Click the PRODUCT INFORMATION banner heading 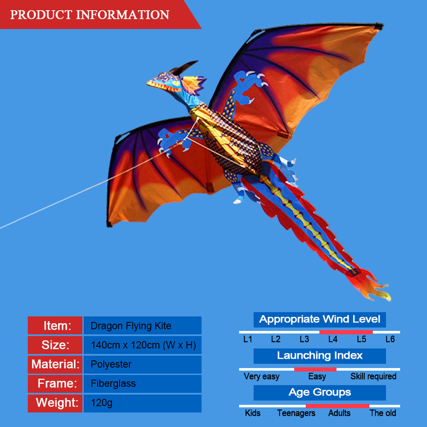pos(90,15)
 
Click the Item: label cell pos(56,326)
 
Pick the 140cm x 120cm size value pos(143,345)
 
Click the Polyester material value pos(111,364)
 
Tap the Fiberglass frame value pos(113,383)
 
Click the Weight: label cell pos(56,403)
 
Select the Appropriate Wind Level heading pos(319,319)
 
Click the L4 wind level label pos(333,339)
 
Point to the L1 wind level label pos(248,339)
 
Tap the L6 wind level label pos(390,339)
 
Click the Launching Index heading pos(319,356)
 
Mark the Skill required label pos(373,376)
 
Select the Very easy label pos(261,376)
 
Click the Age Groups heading pos(319,392)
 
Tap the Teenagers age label pos(296,413)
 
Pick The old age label pos(383,413)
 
